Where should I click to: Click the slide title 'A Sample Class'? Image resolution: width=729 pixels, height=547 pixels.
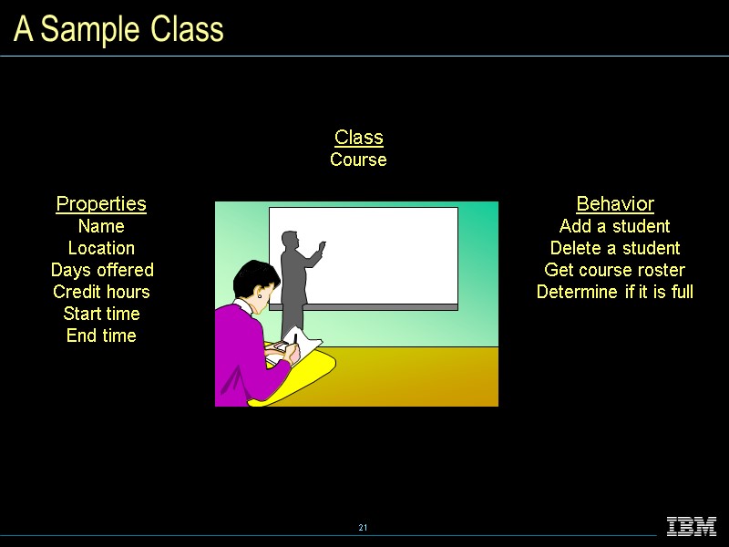click(119, 30)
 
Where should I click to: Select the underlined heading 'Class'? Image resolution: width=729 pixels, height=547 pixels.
click(358, 138)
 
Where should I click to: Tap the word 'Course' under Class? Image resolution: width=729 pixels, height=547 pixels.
click(358, 160)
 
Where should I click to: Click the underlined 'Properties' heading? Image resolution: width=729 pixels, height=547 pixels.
click(101, 203)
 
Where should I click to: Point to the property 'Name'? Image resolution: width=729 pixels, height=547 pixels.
click(101, 226)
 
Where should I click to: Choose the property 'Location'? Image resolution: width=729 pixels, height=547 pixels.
click(101, 248)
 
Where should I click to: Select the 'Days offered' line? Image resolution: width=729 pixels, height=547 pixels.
click(102, 270)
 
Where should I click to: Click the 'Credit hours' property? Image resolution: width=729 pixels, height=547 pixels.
click(101, 292)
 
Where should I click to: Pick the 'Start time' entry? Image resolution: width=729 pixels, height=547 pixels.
click(101, 314)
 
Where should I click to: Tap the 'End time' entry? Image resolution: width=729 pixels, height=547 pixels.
click(101, 335)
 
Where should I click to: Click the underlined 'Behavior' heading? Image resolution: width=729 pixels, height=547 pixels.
click(615, 203)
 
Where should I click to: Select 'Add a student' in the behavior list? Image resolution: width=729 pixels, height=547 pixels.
click(615, 226)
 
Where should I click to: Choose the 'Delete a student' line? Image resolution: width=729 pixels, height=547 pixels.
click(615, 248)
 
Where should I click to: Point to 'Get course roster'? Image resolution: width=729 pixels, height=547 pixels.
click(615, 270)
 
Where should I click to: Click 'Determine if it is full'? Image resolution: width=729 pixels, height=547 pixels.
click(615, 292)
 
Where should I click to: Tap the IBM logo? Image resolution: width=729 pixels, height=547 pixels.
click(692, 526)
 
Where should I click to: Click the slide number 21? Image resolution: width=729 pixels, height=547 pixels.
click(363, 529)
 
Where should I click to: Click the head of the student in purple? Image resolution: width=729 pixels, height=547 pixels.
click(252, 283)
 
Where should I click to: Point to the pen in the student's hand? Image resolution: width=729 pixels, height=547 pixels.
click(294, 339)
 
